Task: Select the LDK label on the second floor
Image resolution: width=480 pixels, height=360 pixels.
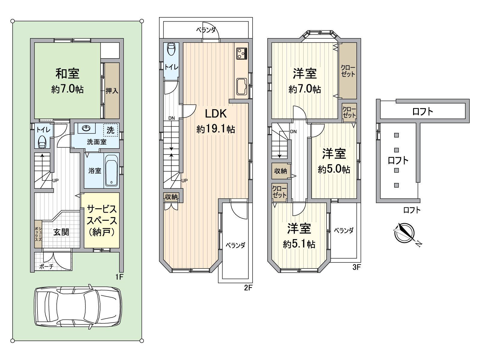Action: [216, 114]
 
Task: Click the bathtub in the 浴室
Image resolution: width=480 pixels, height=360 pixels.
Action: [112, 170]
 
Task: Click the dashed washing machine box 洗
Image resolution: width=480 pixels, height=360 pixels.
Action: [111, 130]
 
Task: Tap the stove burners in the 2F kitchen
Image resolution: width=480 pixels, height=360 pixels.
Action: [241, 53]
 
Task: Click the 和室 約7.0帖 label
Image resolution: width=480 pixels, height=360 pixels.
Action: [67, 80]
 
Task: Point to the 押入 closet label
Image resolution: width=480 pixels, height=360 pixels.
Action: [112, 91]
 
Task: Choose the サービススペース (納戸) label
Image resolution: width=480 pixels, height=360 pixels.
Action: [102, 220]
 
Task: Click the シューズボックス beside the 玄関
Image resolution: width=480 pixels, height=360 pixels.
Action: [38, 234]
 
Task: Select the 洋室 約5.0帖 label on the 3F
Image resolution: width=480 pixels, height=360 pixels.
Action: [334, 161]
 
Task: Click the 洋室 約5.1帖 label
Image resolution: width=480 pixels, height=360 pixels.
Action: [299, 236]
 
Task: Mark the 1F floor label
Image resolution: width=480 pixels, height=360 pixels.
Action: [119, 277]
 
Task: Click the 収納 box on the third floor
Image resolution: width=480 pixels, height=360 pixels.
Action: [280, 171]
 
